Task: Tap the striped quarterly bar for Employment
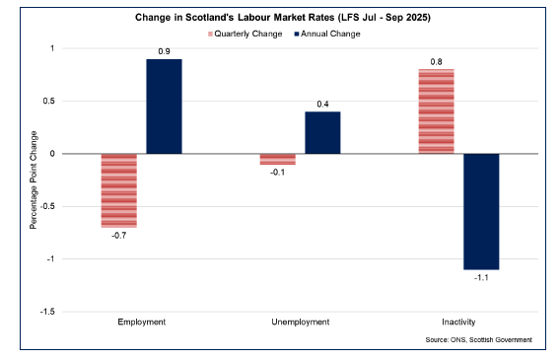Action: coord(119,190)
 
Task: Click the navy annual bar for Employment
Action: coord(165,107)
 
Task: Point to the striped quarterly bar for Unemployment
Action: coord(277,159)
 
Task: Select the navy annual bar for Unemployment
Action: coord(322,132)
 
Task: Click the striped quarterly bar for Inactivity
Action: coord(436,111)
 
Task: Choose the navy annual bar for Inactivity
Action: coord(481,211)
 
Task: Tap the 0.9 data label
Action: coord(165,51)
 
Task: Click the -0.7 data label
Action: coord(119,235)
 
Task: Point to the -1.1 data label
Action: coord(481,277)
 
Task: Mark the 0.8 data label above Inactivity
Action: coord(436,61)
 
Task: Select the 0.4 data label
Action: coord(322,104)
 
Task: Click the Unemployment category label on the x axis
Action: coord(300,322)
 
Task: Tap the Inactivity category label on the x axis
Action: coord(458,322)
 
